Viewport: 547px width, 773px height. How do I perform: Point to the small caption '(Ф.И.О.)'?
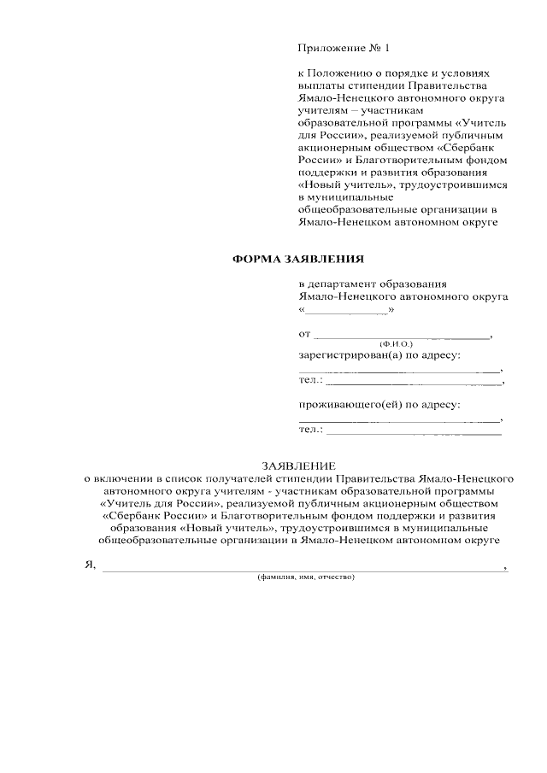pos(396,343)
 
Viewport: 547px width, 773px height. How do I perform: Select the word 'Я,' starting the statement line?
pos(89,565)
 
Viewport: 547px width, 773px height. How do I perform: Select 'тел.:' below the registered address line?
pos(310,379)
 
